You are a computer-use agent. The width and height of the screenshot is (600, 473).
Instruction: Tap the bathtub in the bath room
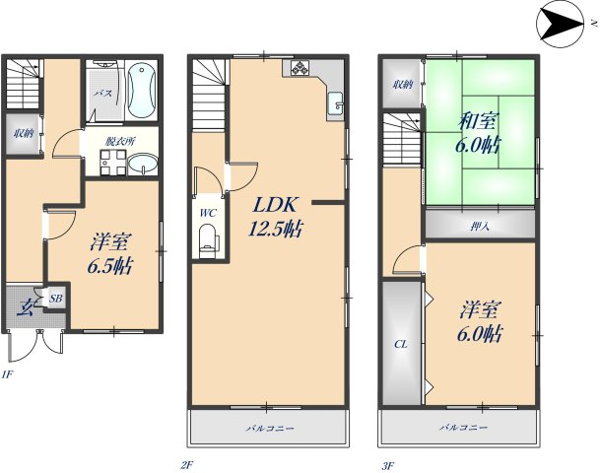(142, 91)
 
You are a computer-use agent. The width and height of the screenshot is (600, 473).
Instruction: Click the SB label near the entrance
(56, 299)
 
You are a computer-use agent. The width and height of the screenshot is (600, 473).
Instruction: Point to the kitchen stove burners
(300, 68)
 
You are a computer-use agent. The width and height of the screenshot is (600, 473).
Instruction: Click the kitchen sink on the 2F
(336, 103)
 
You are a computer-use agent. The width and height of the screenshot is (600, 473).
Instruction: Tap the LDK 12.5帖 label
(274, 218)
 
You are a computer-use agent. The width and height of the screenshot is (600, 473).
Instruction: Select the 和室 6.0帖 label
(478, 134)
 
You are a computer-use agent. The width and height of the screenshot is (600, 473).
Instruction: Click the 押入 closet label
(480, 227)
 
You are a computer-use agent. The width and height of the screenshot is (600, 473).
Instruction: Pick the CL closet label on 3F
(401, 345)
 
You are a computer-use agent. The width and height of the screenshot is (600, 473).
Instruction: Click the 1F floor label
(7, 374)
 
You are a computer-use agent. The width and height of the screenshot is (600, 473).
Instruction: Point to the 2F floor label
(187, 466)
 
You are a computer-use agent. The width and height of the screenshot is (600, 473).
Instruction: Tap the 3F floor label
(388, 466)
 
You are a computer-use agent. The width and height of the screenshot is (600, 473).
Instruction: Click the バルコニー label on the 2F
(270, 428)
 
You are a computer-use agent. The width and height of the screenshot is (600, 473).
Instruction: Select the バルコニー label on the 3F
(463, 427)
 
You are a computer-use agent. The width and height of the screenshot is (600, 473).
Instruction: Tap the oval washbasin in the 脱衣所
(142, 165)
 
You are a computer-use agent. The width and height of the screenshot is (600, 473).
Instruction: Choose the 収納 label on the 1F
(24, 134)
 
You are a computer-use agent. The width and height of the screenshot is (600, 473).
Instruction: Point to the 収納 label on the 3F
(403, 84)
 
